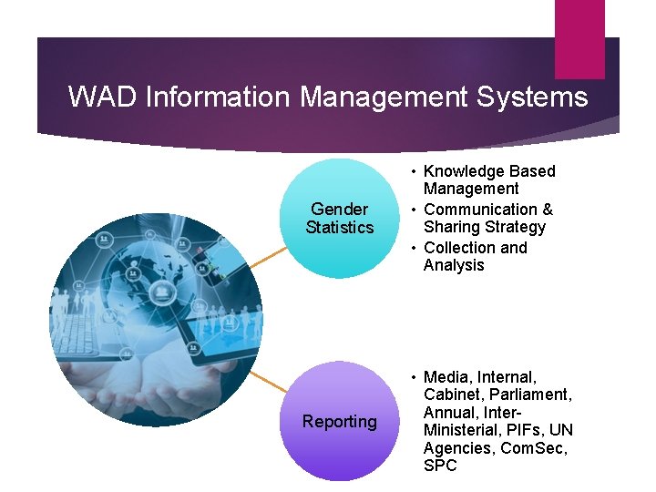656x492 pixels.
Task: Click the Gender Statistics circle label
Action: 340,219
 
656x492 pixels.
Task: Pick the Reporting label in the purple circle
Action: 340,422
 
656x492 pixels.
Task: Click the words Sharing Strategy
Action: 484,228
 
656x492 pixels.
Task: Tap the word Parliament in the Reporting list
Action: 531,395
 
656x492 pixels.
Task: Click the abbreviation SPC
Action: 441,466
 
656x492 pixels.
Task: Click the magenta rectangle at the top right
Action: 579,38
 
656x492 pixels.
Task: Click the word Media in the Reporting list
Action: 447,377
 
